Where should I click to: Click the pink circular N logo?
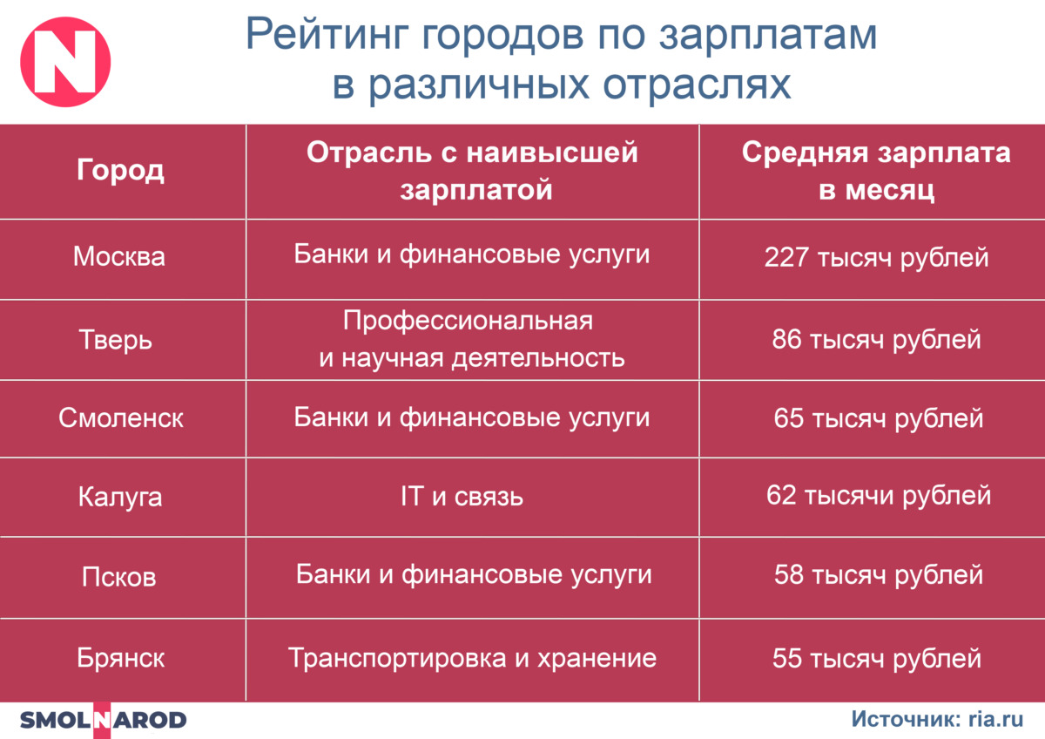(65, 62)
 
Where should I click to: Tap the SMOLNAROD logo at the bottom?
(103, 720)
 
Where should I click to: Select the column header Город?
(120, 171)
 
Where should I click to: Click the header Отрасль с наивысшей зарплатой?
(472, 171)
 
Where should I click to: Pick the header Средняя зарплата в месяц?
(876, 171)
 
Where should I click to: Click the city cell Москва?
(119, 256)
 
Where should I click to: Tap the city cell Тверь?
(116, 339)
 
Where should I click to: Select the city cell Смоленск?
(121, 417)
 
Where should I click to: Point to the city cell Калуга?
(120, 498)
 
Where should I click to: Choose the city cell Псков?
(119, 577)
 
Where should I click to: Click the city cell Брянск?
(121, 658)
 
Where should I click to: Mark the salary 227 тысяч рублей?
(876, 258)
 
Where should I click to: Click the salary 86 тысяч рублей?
(876, 339)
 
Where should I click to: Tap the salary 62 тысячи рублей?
(879, 495)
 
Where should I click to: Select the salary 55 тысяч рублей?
(877, 658)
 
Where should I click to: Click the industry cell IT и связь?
(462, 496)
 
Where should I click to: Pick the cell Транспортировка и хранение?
(472, 658)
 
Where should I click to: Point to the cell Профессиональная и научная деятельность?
(472, 339)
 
